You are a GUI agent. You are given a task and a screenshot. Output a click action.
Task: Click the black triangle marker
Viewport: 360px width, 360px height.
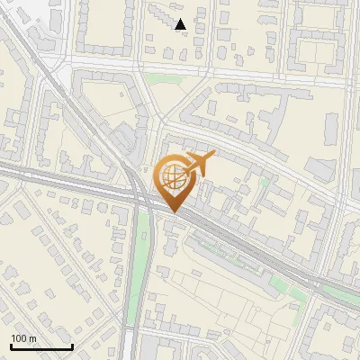click(x=181, y=24)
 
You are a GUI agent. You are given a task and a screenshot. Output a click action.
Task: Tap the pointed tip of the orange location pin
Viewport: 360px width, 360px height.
click(x=173, y=211)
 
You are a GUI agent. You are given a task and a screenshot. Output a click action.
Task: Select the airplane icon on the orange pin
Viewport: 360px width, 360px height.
click(x=200, y=164)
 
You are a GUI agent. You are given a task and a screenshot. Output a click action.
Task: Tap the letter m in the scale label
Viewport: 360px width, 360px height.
click(x=33, y=338)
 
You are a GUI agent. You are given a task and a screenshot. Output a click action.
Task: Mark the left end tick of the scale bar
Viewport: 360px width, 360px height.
click(x=11, y=346)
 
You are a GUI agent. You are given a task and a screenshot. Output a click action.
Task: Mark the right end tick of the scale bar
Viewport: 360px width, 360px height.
click(x=72, y=346)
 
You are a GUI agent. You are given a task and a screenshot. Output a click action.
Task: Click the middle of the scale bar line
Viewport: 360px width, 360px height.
click(x=41, y=347)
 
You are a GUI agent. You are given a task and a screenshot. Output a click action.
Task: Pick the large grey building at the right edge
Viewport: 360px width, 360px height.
click(x=320, y=167)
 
